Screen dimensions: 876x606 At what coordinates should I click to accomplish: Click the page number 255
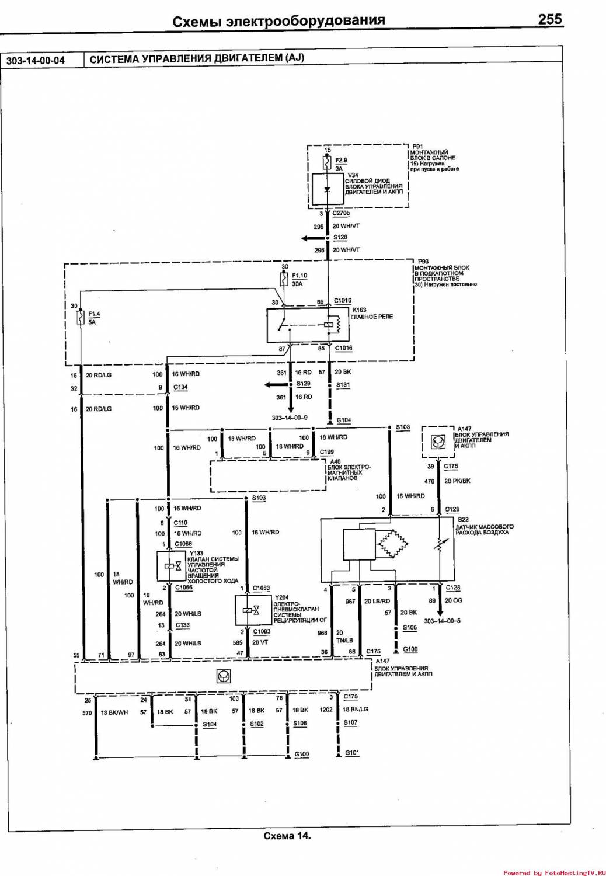point(549,19)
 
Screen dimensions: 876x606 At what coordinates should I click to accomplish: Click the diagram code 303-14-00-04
point(36,60)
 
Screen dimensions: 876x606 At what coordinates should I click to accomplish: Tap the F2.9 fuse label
point(341,160)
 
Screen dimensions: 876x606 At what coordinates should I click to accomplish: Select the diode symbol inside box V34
point(328,189)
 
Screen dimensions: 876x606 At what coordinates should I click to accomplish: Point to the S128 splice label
point(340,238)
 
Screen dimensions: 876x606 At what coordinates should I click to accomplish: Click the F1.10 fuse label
point(299,276)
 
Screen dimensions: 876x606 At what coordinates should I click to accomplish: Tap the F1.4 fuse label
point(94,314)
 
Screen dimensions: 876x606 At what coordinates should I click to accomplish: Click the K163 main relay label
point(359,310)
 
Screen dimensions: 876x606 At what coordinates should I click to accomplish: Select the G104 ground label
point(344,420)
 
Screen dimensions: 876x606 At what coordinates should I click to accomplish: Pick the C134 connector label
point(180,387)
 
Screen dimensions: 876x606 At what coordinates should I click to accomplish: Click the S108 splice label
point(403,427)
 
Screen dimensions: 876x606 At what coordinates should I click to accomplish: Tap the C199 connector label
point(327,452)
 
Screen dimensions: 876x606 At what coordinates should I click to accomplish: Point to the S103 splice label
point(259,498)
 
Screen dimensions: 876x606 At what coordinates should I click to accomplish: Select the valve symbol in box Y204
point(250,610)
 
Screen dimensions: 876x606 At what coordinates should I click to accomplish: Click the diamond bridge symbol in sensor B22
point(391,544)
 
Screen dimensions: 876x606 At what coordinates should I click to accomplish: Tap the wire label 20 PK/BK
point(457,481)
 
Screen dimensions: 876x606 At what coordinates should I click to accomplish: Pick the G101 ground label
point(352,753)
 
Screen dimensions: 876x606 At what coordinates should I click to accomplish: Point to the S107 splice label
point(350,723)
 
